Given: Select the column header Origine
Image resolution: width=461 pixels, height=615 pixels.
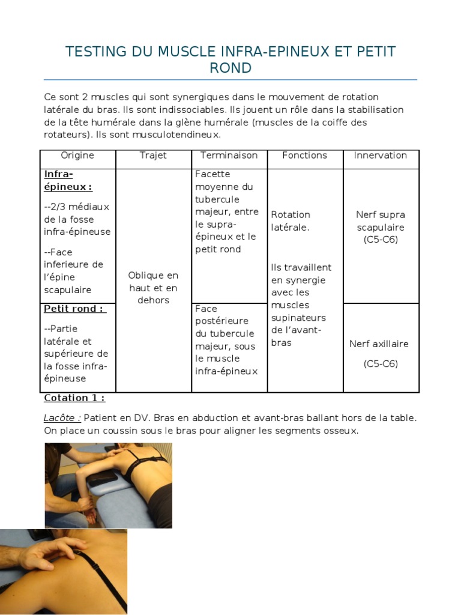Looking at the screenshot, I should (77, 156).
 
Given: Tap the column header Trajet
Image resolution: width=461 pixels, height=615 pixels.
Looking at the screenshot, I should (153, 156).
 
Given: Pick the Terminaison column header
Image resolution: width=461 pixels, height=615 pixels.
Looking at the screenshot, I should (229, 156).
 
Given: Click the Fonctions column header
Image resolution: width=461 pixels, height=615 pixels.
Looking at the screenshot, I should (305, 156).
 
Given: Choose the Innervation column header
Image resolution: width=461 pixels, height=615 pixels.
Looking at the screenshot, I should (381, 156).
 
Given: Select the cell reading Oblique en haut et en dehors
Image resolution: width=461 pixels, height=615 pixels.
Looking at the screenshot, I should (153, 288).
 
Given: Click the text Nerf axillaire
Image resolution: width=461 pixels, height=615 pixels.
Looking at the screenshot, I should (379, 344).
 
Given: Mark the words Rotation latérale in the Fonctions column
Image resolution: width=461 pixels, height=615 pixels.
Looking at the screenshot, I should (291, 221).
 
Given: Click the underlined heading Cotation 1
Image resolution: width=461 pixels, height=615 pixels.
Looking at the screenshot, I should (74, 398).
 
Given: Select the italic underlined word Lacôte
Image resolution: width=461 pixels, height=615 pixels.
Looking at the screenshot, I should (62, 418).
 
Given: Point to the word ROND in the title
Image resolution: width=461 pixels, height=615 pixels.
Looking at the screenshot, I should (230, 68).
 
